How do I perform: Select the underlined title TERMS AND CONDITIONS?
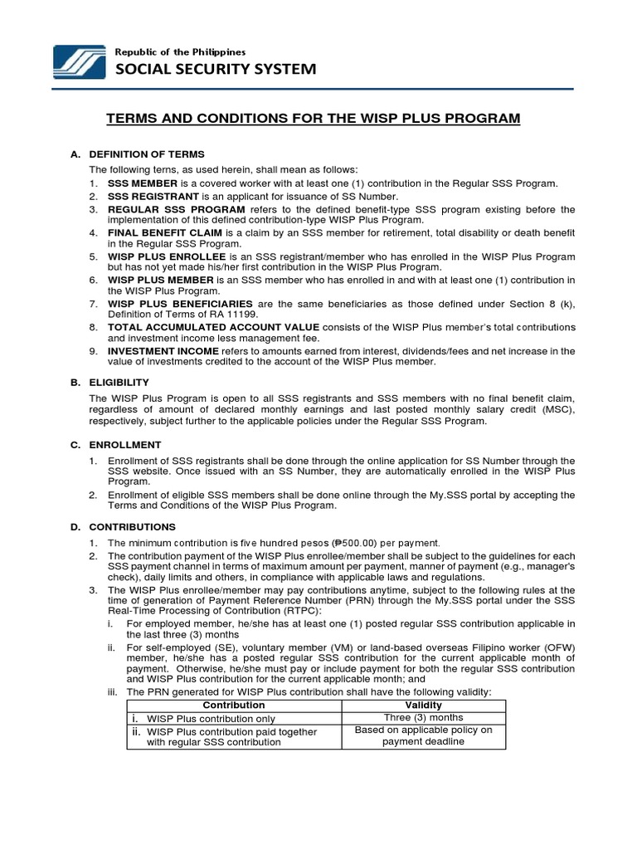[314, 119]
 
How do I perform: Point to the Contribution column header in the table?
[233, 705]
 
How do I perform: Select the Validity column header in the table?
[423, 705]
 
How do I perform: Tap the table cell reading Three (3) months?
[423, 717]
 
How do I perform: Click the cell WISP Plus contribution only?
[211, 718]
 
